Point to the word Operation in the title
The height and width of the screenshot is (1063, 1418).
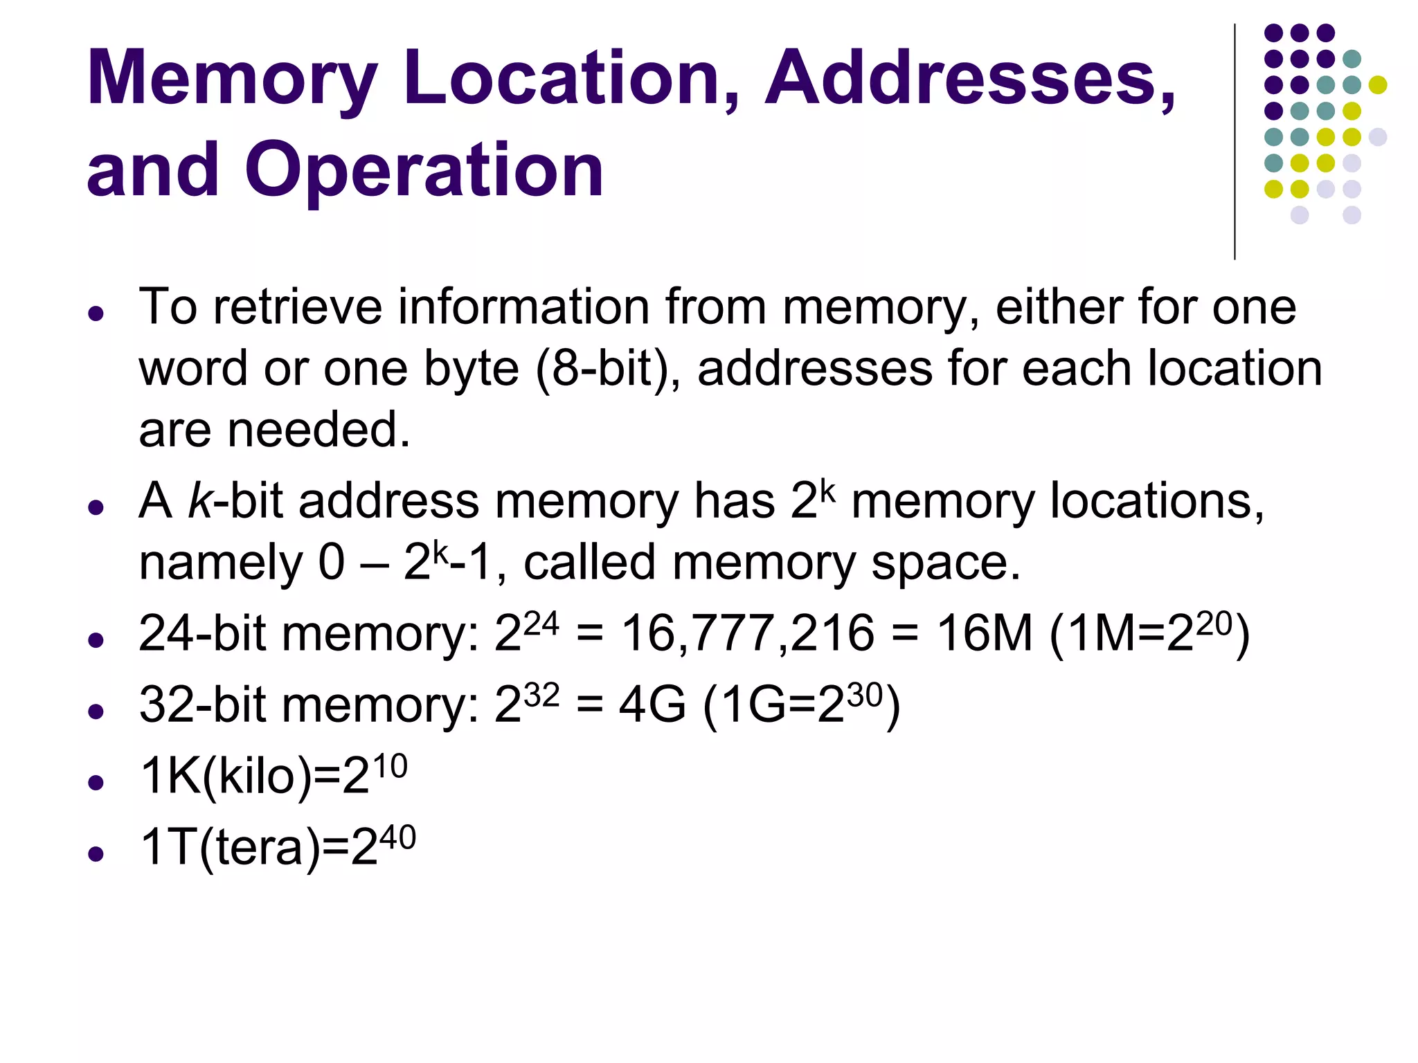(x=424, y=170)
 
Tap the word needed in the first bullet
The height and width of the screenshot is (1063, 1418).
(x=318, y=430)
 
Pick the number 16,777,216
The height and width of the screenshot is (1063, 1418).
(x=748, y=633)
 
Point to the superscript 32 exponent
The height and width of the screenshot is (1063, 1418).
(x=541, y=696)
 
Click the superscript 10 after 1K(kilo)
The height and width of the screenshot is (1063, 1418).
(x=388, y=767)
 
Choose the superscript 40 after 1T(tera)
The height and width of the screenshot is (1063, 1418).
(x=397, y=837)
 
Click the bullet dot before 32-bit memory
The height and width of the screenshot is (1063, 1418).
(x=96, y=711)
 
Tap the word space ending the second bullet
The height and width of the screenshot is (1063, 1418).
(x=945, y=562)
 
